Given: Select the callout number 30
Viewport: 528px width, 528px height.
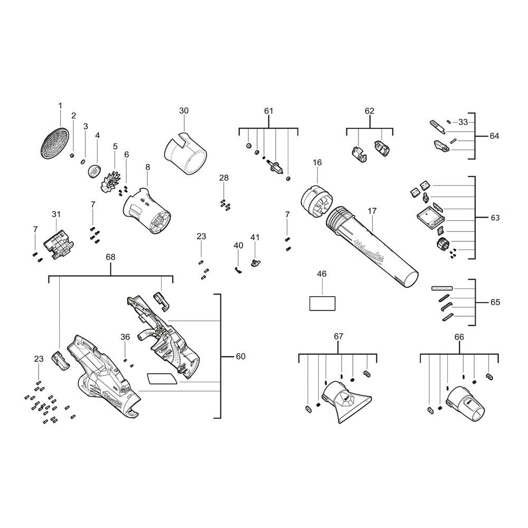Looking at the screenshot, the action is tap(184, 110).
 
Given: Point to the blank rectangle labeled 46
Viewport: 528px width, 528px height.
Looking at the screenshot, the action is tap(322, 304).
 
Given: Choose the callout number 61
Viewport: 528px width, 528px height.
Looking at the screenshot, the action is tap(269, 111).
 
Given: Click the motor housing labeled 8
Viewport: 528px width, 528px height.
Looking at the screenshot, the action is tap(148, 211).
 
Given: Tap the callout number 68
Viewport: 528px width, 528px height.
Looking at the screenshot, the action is tap(110, 257).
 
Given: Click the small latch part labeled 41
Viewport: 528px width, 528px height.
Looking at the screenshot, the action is tap(256, 262).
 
